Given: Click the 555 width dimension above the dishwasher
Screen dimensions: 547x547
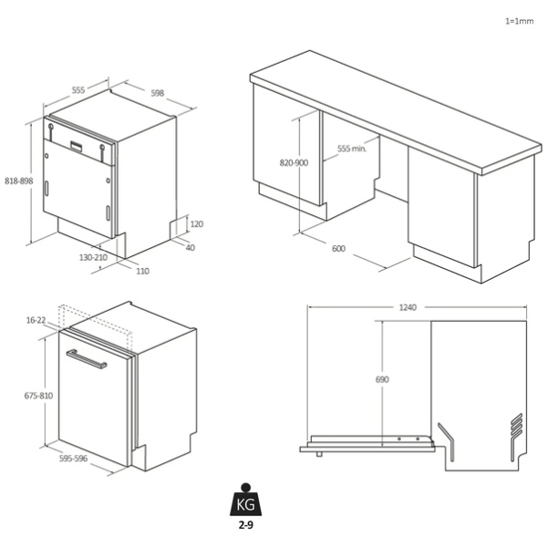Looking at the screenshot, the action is (78, 90).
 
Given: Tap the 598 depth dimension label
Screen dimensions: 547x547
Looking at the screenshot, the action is (158, 93).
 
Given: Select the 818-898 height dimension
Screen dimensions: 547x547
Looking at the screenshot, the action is (19, 181).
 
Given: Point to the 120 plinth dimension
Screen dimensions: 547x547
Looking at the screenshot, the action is (197, 224).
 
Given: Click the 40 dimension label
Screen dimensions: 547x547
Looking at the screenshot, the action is (191, 248).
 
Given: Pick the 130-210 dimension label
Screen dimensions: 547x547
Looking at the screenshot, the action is (93, 257).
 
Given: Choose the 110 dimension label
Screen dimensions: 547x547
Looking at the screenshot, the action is (143, 271).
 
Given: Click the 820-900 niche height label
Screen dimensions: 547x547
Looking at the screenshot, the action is (294, 163).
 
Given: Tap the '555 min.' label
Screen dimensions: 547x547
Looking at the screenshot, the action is (352, 149).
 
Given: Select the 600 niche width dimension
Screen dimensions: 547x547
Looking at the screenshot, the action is (339, 248).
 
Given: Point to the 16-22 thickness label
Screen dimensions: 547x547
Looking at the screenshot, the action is (36, 320).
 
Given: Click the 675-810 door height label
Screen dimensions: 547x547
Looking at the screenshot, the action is (38, 396).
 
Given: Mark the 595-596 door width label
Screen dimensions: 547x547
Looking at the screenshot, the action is (73, 459).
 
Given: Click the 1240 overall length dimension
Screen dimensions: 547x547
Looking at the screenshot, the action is (408, 307).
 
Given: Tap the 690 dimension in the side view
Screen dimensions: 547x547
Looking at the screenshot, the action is (382, 379).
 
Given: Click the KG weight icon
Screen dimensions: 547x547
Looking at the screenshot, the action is (245, 500).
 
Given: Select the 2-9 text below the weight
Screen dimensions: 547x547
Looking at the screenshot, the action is (245, 525).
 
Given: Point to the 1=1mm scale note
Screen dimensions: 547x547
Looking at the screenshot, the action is (520, 21).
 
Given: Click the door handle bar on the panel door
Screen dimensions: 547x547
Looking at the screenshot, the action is (87, 359).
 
